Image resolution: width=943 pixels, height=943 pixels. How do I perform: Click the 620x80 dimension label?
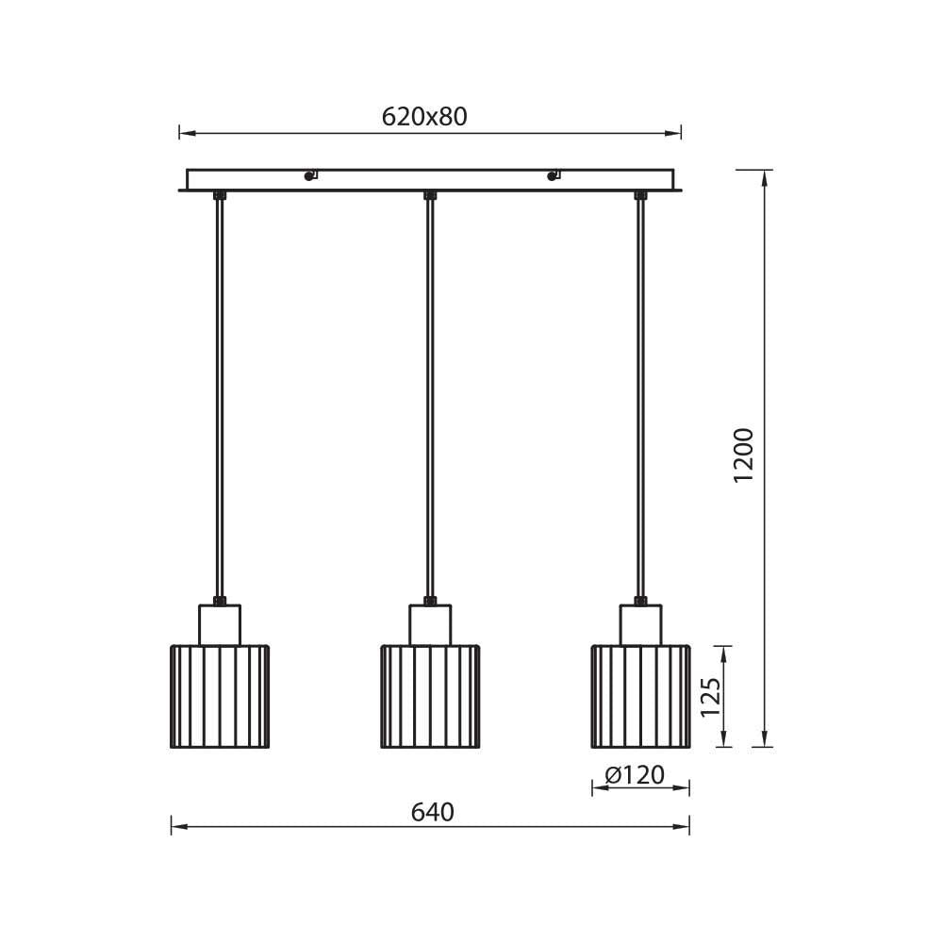(424, 117)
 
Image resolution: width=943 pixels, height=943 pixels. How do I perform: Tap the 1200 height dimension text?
(744, 455)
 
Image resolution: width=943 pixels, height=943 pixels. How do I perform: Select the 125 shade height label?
(711, 697)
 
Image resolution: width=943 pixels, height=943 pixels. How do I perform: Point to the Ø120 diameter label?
(635, 775)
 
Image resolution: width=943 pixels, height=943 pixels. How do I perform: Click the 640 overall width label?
(433, 813)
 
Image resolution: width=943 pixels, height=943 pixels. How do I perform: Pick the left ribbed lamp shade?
(220, 697)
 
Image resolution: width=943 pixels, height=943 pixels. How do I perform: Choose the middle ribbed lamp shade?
(431, 697)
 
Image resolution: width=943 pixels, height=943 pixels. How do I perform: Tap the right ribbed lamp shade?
(641, 697)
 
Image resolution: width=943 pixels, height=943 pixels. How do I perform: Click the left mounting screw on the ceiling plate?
(309, 175)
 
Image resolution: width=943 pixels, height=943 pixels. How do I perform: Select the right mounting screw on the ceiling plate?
(553, 175)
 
